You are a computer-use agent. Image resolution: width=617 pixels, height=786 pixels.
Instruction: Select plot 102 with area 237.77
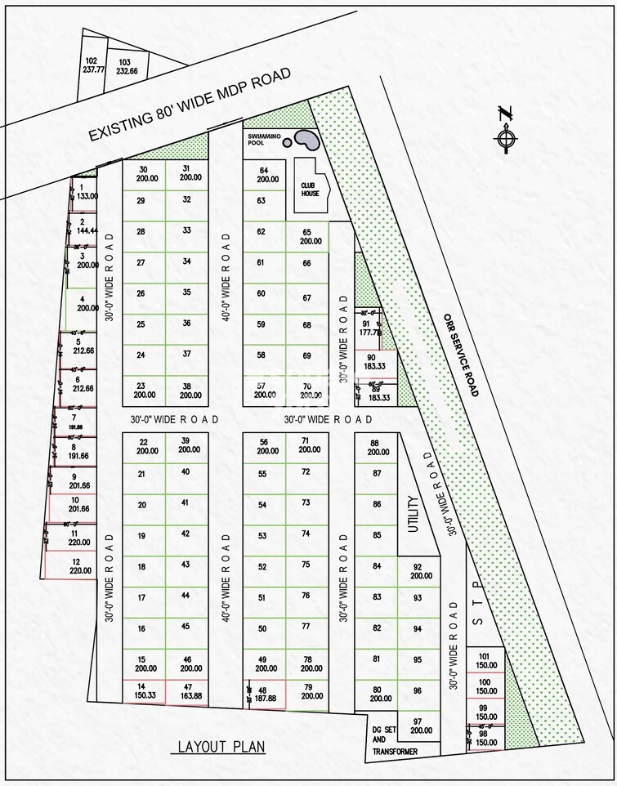click(x=92, y=66)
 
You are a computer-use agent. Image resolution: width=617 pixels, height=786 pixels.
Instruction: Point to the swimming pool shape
click(x=307, y=140)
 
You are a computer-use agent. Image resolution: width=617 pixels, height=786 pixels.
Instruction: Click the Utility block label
click(x=413, y=515)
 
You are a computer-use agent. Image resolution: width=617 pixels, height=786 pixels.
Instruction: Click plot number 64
click(x=263, y=174)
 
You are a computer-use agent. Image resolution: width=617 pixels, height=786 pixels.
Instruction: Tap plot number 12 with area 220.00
click(x=76, y=566)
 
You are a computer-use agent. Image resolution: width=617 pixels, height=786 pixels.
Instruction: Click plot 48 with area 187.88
click(x=266, y=692)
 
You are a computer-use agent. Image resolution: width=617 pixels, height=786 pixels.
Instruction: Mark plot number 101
click(x=485, y=660)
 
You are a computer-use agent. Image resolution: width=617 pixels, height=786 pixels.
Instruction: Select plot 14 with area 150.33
click(x=143, y=691)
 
